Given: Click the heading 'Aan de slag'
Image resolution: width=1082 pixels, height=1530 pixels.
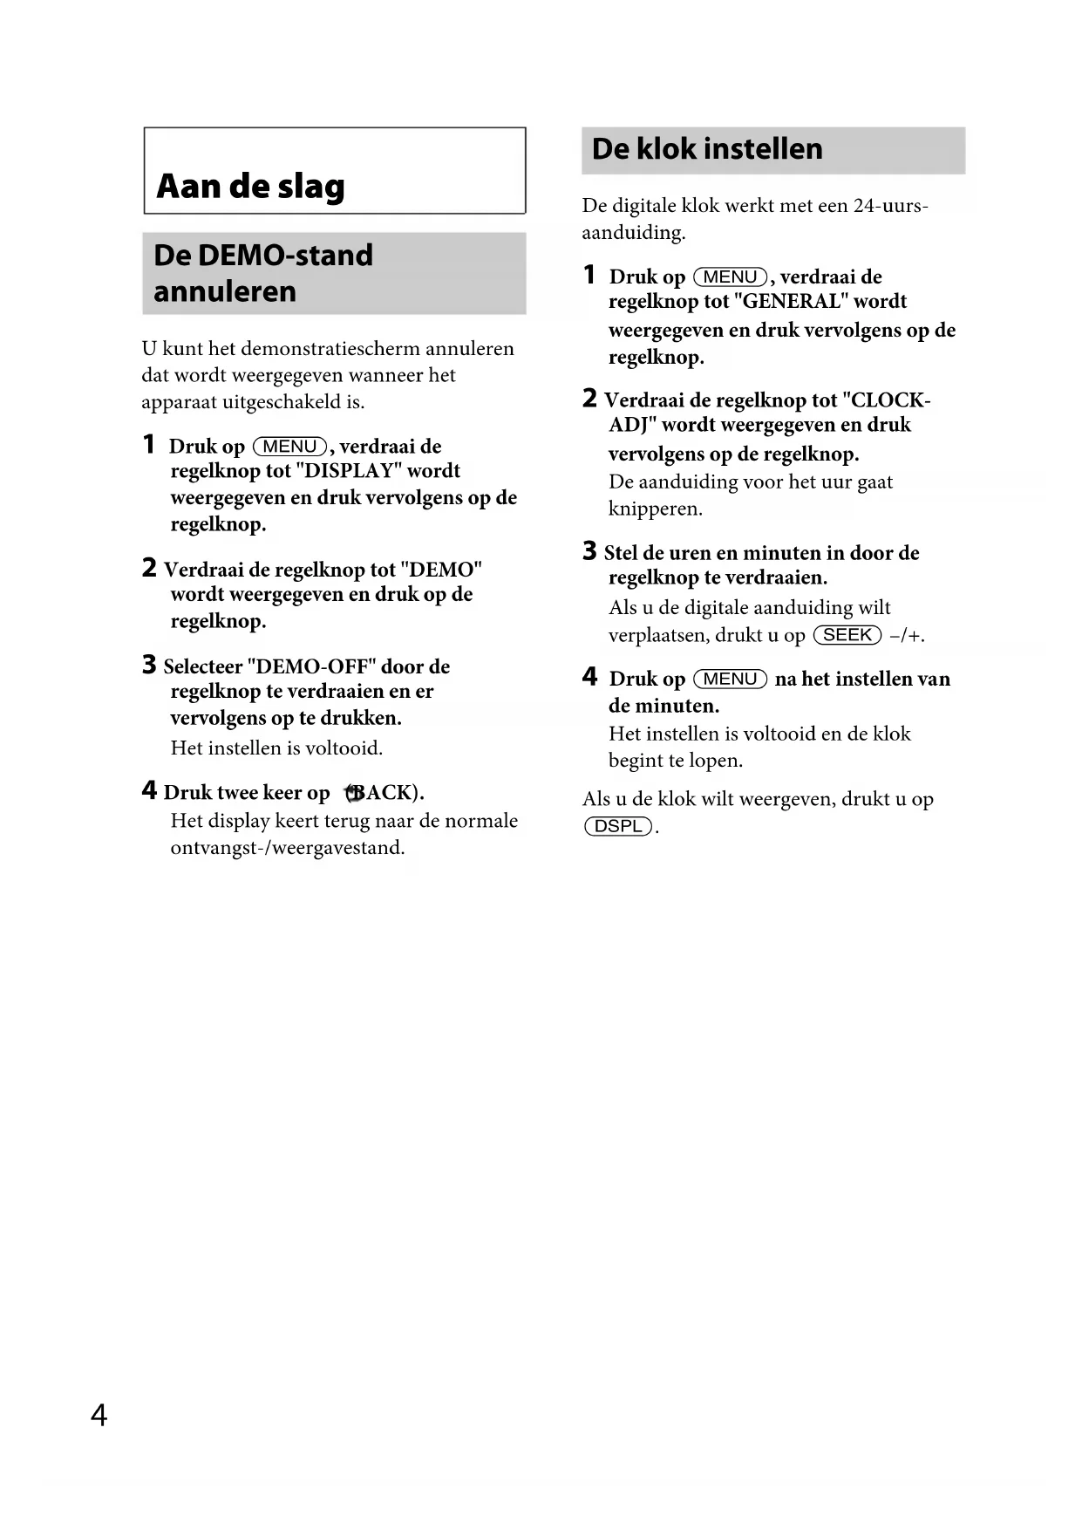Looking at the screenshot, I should click(251, 187).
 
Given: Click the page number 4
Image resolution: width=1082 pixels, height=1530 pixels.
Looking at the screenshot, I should click(99, 1414).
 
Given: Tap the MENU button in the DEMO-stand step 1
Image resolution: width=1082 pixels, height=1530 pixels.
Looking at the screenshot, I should click(289, 447).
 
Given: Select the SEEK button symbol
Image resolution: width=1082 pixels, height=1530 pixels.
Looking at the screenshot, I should click(847, 635).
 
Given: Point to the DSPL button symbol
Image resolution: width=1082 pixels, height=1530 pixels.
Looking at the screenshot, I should click(618, 826).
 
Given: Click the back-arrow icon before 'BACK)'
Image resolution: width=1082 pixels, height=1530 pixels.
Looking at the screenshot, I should click(353, 793).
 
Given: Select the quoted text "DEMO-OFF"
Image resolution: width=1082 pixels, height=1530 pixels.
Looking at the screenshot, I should click(311, 667).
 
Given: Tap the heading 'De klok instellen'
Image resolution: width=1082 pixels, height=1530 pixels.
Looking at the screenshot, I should click(707, 149).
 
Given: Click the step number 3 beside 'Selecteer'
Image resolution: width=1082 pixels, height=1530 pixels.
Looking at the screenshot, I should click(149, 666).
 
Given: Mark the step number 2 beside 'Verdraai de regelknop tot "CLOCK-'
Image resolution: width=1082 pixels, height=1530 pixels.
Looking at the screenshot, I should click(589, 399).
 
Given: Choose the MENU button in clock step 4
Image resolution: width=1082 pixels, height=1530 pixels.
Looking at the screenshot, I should click(730, 679).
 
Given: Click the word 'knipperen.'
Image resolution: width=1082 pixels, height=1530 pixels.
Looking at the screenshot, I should click(656, 509).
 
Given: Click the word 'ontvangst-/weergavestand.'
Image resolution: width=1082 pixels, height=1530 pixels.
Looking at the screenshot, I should click(288, 848).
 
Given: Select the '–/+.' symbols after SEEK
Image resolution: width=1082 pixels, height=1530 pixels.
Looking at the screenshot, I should click(907, 636).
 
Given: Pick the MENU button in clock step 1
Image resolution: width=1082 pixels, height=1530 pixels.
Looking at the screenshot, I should click(730, 277).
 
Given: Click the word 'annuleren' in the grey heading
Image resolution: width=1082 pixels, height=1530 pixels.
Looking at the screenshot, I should click(225, 291).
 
